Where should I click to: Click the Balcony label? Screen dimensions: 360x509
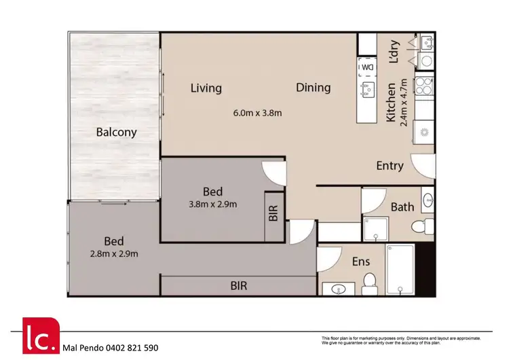pyautogui.click(x=115, y=132)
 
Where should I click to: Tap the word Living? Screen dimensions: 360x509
pyautogui.click(x=206, y=88)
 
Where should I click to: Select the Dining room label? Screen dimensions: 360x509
pyautogui.click(x=313, y=88)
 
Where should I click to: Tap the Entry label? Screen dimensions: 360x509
pyautogui.click(x=390, y=166)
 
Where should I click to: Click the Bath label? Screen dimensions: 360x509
pyautogui.click(x=402, y=207)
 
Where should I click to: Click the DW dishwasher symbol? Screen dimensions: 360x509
pyautogui.click(x=367, y=67)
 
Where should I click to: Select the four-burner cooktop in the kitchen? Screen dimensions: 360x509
pyautogui.click(x=424, y=86)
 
